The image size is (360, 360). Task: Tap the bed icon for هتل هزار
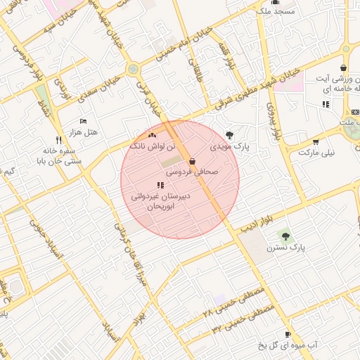tap(84, 122)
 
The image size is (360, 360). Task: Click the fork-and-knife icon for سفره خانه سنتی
tap(58, 139)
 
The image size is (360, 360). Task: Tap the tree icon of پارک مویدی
tap(229, 135)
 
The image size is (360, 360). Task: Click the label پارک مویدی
tap(230, 148)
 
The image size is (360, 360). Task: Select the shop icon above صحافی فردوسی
tap(192, 161)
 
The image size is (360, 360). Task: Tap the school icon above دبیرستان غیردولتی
tap(161, 186)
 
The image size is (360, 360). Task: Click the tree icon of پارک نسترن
tap(285, 236)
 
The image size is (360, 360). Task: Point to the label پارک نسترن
tap(286, 248)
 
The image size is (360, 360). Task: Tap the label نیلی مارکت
tap(317, 152)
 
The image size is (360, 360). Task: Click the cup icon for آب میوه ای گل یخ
tap(288, 334)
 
